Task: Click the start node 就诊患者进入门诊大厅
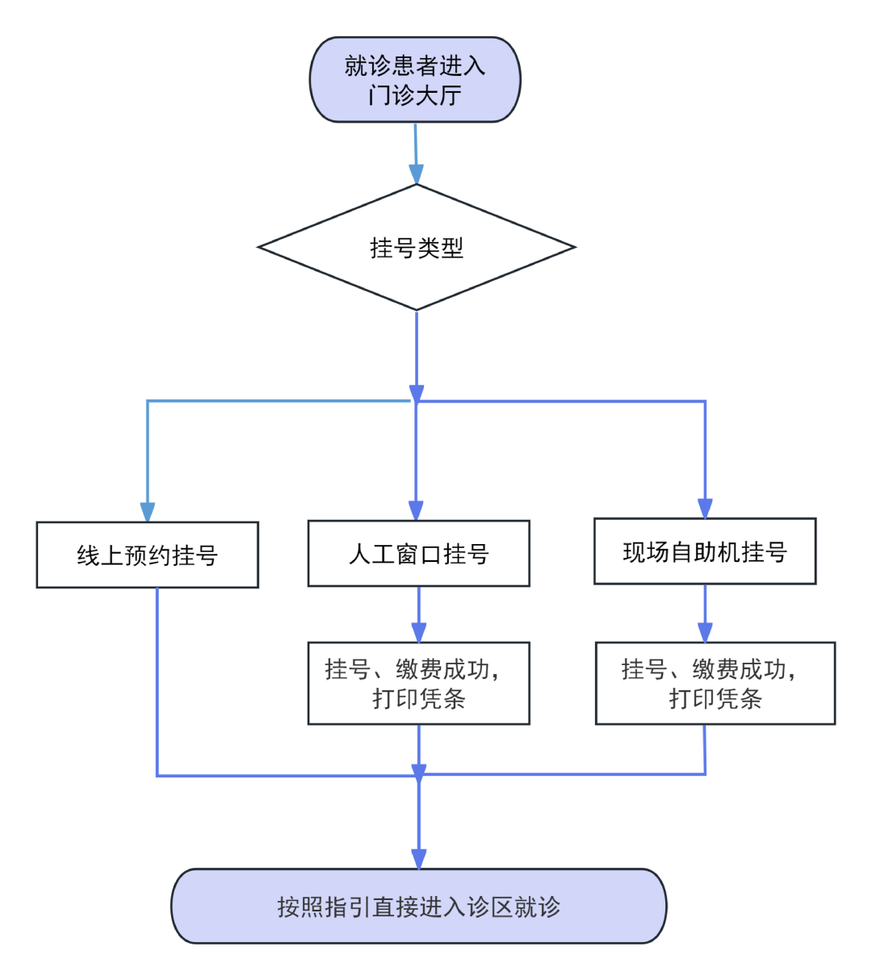(x=415, y=79)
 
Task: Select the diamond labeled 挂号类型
(x=416, y=247)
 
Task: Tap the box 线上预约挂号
(x=147, y=555)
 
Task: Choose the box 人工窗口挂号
(x=418, y=553)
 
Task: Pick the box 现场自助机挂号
(x=704, y=551)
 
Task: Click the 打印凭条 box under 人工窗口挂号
(x=418, y=683)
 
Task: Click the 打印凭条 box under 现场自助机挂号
(x=715, y=683)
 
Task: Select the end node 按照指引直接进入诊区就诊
(x=418, y=906)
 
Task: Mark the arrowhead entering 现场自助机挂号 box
(x=705, y=509)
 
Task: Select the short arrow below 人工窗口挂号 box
(x=418, y=615)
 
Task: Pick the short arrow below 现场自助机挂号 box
(x=705, y=614)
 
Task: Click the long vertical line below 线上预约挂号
(x=157, y=682)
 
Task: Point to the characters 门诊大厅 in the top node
(x=415, y=95)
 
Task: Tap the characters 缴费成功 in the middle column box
(x=442, y=669)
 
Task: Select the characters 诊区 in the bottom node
(x=489, y=907)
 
